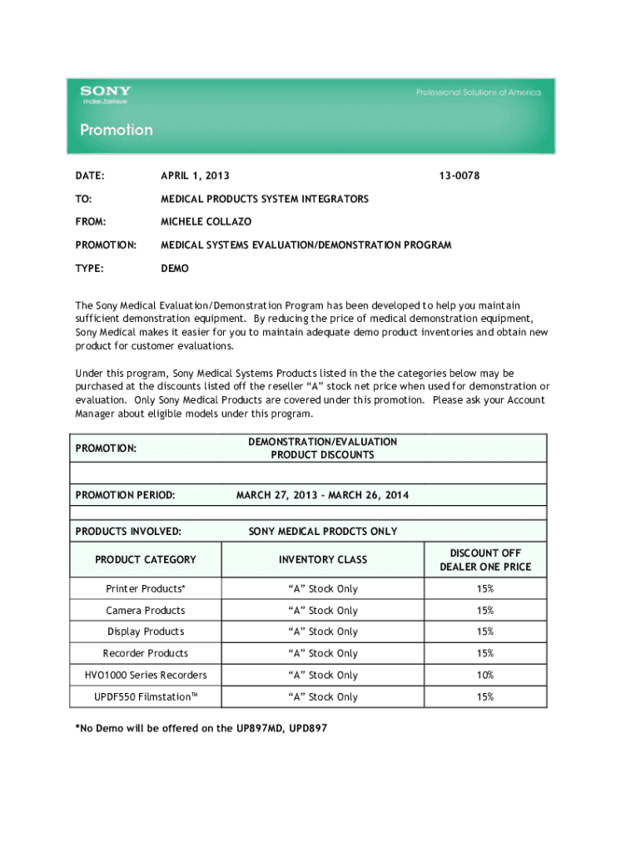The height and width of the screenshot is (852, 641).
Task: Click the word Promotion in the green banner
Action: click(117, 130)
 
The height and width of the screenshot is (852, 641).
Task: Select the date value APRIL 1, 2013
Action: click(196, 176)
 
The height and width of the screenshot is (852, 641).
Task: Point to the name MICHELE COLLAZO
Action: click(206, 222)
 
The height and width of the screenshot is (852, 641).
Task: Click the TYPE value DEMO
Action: click(175, 269)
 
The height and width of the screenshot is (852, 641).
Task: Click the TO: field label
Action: click(83, 199)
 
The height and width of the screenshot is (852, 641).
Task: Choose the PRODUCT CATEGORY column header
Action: click(146, 560)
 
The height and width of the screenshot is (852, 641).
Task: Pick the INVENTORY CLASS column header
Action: click(323, 560)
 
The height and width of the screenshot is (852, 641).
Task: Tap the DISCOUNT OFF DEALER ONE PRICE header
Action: click(485, 560)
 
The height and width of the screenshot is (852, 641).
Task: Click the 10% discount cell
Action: click(485, 675)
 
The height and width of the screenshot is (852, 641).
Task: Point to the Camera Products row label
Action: click(146, 610)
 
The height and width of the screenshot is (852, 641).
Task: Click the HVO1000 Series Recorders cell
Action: click(146, 675)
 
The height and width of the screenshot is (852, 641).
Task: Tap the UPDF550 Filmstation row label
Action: click(146, 696)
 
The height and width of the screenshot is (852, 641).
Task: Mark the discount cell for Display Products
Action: click(485, 632)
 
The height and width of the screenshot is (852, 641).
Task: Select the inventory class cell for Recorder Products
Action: click(323, 653)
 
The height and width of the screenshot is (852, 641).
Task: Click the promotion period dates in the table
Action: click(323, 495)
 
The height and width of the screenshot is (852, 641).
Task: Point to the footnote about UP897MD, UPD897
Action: click(201, 728)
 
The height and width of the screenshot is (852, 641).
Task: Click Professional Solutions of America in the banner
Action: click(478, 92)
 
